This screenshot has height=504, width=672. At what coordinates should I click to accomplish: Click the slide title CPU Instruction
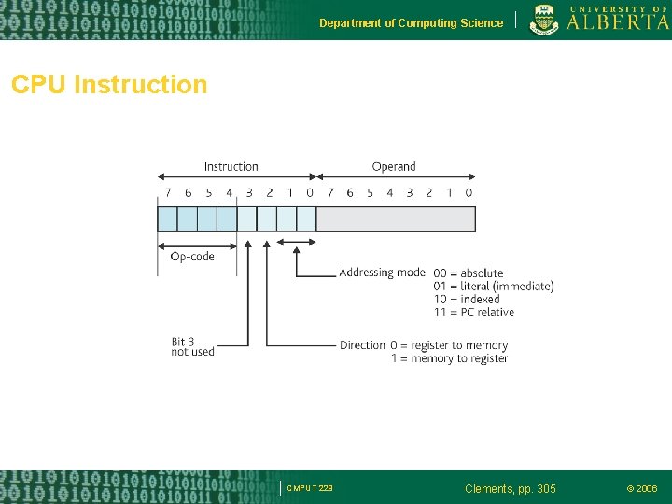pyautogui.click(x=109, y=85)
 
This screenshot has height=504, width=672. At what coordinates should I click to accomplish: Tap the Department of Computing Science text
pyautogui.click(x=411, y=23)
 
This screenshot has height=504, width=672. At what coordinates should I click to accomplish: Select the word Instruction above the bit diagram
pyautogui.click(x=231, y=167)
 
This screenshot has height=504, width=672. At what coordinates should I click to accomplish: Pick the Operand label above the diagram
pyautogui.click(x=394, y=167)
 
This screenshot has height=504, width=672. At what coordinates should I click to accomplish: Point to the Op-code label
pyautogui.click(x=192, y=257)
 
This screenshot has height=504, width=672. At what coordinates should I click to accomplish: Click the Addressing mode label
pyautogui.click(x=382, y=273)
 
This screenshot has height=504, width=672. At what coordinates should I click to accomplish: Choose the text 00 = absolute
pyautogui.click(x=469, y=273)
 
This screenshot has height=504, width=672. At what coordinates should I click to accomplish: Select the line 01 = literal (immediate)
pyautogui.click(x=494, y=287)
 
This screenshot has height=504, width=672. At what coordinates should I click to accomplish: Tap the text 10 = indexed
pyautogui.click(x=467, y=300)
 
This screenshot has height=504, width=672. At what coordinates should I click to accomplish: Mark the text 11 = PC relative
pyautogui.click(x=474, y=313)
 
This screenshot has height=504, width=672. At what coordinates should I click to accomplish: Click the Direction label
pyautogui.click(x=362, y=345)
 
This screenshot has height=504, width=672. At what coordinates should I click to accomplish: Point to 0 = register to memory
pyautogui.click(x=449, y=345)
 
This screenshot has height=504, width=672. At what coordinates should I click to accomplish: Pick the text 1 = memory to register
pyautogui.click(x=449, y=358)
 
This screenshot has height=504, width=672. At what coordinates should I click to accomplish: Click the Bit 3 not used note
pyautogui.click(x=192, y=347)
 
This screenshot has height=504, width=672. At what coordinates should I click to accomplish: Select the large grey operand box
pyautogui.click(x=396, y=219)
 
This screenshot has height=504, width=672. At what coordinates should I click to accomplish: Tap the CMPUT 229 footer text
pyautogui.click(x=310, y=489)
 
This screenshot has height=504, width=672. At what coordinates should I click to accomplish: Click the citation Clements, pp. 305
pyautogui.click(x=510, y=489)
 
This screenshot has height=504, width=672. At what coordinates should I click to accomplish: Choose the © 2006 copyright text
pyautogui.click(x=641, y=489)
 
